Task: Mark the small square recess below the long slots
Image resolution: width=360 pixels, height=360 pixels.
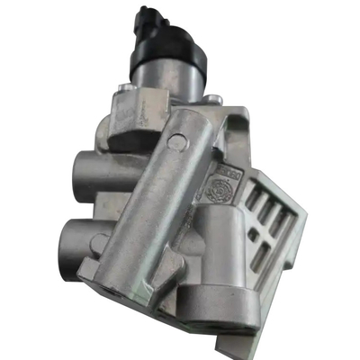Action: pyautogui.click(x=254, y=234)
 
